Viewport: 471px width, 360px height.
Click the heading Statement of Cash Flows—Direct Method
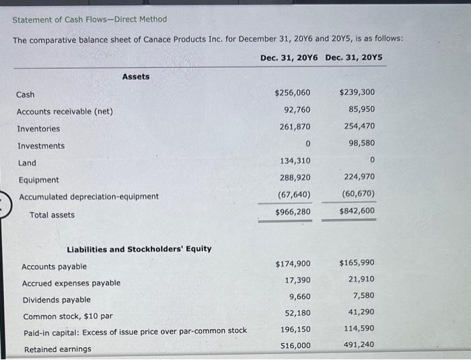[x=89, y=19]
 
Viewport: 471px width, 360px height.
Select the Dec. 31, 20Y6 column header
[x=289, y=57]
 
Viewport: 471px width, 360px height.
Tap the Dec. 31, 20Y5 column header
[x=354, y=57]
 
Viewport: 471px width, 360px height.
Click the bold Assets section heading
[x=136, y=77]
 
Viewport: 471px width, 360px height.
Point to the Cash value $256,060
[x=293, y=93]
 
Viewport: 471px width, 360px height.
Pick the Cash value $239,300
[x=357, y=93]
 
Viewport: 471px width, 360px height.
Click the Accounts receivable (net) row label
[x=65, y=112]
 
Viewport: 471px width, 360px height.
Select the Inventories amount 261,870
[x=295, y=127]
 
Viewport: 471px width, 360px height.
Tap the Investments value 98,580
[x=362, y=143]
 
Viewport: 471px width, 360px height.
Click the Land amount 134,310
[x=295, y=161]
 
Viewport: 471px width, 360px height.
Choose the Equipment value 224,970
[x=360, y=178]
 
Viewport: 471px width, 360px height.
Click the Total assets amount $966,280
[x=293, y=212]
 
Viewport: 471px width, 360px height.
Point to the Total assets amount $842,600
[x=357, y=211]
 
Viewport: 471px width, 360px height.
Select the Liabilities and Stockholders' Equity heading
[x=139, y=249]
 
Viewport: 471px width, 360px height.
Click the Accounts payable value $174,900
[x=293, y=264]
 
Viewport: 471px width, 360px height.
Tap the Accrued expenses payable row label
[x=71, y=283]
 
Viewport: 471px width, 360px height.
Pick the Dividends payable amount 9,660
[x=299, y=297]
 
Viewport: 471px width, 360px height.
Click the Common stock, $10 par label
[x=68, y=316]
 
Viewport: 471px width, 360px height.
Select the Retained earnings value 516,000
[x=295, y=346]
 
